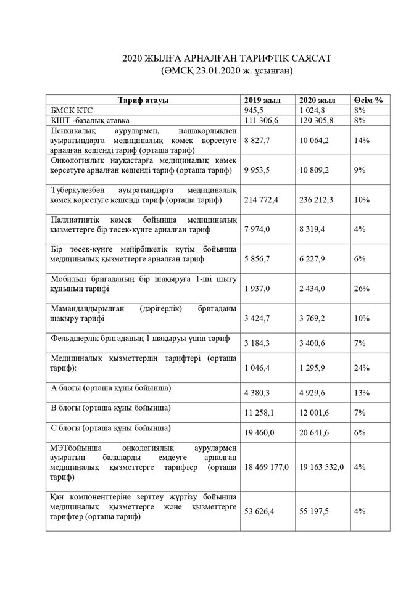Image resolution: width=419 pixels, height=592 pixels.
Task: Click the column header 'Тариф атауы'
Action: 143,101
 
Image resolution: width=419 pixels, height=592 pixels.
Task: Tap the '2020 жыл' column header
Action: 317,101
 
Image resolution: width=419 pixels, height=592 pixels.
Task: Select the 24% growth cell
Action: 362,368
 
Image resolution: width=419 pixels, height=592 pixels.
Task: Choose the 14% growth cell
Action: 362,141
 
